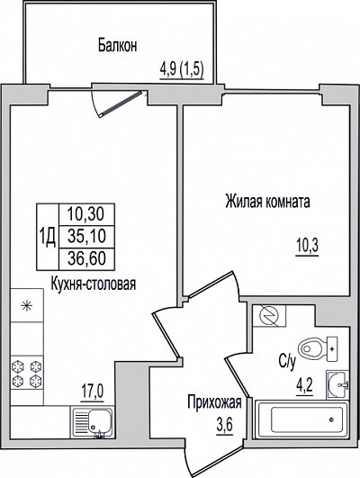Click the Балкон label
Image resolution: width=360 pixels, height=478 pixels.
pos(117,46)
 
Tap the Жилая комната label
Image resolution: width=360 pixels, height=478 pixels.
pos(267,202)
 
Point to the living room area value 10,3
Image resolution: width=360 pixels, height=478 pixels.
pos(308,246)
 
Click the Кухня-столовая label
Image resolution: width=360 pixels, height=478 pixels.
pos(94,284)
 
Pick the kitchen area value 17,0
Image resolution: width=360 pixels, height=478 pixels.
pos(93,391)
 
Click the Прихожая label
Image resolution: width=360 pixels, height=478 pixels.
pos(214,403)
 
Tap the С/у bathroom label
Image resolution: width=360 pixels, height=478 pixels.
pos(287,362)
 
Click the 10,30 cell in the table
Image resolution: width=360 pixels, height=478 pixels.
pos(86,214)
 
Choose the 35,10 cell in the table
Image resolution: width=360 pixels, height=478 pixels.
pos(86,237)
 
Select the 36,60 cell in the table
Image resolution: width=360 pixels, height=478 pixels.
pos(86,259)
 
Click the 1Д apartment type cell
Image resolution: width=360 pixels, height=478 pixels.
pos(48,237)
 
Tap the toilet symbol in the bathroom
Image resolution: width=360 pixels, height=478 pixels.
pos(318,349)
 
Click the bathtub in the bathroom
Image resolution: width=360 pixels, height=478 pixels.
pos(302,420)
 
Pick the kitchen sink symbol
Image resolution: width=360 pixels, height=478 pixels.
pos(93,422)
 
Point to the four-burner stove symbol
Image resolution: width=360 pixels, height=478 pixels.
pos(26,373)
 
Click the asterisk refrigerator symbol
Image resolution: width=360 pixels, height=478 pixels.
pos(26,305)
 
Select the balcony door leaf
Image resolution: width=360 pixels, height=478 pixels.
pos(121,104)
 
